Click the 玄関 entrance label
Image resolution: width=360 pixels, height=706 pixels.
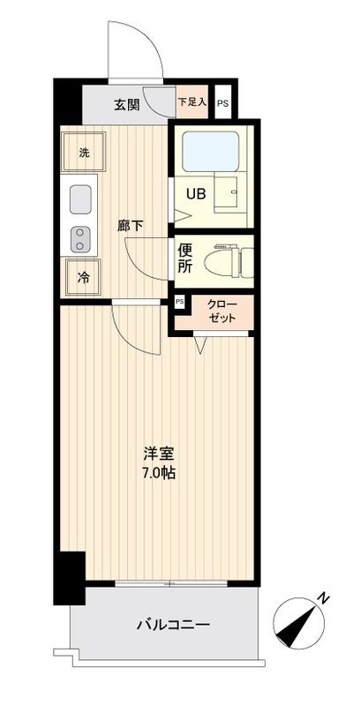(127, 104)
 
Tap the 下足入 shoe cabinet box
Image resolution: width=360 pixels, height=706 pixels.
(191, 102)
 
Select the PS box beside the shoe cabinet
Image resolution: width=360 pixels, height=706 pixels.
(222, 103)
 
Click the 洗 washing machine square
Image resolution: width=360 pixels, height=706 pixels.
(84, 153)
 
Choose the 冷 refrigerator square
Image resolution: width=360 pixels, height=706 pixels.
(84, 277)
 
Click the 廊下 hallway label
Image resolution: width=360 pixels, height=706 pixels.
(131, 226)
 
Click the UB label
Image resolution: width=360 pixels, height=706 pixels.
(195, 194)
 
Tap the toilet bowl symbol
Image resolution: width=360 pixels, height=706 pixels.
(226, 260)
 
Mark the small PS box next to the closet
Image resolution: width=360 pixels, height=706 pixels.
(179, 302)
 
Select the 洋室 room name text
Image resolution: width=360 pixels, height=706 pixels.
(160, 454)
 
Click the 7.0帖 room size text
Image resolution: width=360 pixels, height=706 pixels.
(160, 473)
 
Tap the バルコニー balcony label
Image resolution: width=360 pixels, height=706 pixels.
(173, 626)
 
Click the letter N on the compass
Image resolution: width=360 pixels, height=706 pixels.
(324, 601)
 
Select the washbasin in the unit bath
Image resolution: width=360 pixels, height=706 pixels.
(231, 187)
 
